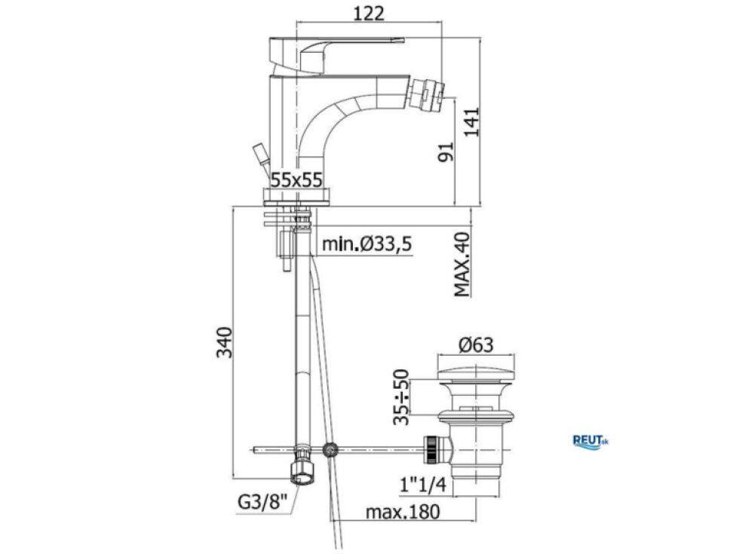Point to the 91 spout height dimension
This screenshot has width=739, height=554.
pos(446,152)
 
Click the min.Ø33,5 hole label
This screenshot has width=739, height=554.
pos(367,244)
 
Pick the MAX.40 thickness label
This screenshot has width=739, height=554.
pos(462,265)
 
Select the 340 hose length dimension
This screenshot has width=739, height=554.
pos(225,342)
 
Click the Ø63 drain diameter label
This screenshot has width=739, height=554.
pos(476,345)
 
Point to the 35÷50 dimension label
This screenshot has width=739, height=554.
pos(401,396)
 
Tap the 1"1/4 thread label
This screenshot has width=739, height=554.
pos(423,484)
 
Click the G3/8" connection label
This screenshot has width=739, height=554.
pos(262,502)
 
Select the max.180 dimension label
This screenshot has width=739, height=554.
pos(403,511)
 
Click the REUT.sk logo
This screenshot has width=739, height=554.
pos(590,442)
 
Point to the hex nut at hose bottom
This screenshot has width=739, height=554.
pos(302,471)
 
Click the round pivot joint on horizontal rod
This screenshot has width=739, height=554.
pos(331,450)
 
